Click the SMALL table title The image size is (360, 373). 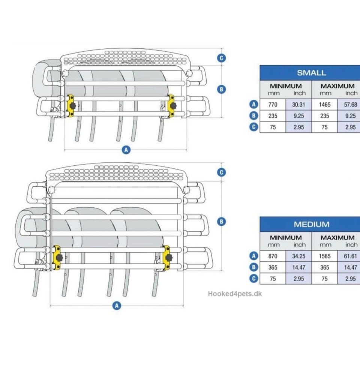coord(311,73)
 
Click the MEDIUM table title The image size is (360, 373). coord(312,224)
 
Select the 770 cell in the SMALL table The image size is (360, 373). coord(273,105)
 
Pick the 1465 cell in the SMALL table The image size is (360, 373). coord(324,105)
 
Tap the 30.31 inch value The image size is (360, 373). coord(298,105)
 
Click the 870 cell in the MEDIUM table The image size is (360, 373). coord(273,256)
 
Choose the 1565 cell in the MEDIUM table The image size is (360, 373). coord(324,256)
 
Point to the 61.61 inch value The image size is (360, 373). coord(351,256)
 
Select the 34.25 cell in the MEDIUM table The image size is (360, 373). coord(298,256)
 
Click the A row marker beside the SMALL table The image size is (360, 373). coord(253,104)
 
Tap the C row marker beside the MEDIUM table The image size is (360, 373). coord(253,279)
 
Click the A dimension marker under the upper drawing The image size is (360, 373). coord(126,150)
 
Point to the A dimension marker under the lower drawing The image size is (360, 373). coord(117,306)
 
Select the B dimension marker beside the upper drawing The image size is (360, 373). coord(222,90)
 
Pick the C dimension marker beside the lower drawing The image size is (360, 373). coord(222,172)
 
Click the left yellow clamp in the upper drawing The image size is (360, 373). coord(71,106)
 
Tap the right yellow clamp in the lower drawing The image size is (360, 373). coord(166,258)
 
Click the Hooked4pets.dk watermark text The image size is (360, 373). coord(235,294)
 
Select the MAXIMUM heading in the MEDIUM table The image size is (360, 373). coord(337,238)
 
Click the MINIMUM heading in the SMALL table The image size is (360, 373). coord(285,86)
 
